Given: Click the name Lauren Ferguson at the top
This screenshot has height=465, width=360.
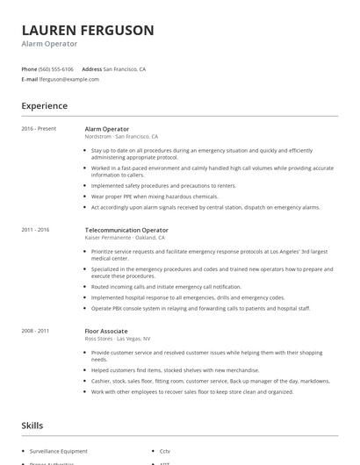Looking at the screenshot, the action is pyautogui.click(x=88, y=30).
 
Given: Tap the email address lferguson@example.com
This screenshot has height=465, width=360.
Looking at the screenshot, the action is pyautogui.click(x=69, y=79).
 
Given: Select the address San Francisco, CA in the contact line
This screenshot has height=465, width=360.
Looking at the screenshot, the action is pyautogui.click(x=125, y=68).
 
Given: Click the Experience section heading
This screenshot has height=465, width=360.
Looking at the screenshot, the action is pyautogui.click(x=44, y=106).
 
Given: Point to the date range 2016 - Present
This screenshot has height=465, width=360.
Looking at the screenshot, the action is pyautogui.click(x=39, y=129).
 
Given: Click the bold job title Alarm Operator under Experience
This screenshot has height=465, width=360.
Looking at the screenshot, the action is pyautogui.click(x=106, y=129).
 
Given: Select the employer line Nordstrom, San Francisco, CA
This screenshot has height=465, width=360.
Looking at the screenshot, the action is pyautogui.click(x=121, y=137).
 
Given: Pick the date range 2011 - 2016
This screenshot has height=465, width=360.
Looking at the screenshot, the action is pyautogui.click(x=35, y=230).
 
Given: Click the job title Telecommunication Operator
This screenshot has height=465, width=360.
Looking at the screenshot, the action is pyautogui.click(x=126, y=230).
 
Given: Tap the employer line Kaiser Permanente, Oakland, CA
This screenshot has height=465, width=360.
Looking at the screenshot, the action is pyautogui.click(x=126, y=238).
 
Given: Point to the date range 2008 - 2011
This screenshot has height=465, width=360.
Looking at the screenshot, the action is pyautogui.click(x=35, y=331).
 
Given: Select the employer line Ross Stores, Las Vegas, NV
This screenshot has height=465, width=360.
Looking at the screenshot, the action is pyautogui.click(x=118, y=339).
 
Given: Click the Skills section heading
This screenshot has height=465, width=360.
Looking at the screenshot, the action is pyautogui.click(x=33, y=426).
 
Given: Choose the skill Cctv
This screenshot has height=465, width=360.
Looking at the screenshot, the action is pyautogui.click(x=165, y=450).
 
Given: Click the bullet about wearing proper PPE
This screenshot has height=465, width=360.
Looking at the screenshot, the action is pyautogui.click(x=155, y=197).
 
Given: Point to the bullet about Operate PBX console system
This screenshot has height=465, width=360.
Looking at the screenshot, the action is pyautogui.click(x=201, y=308).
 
